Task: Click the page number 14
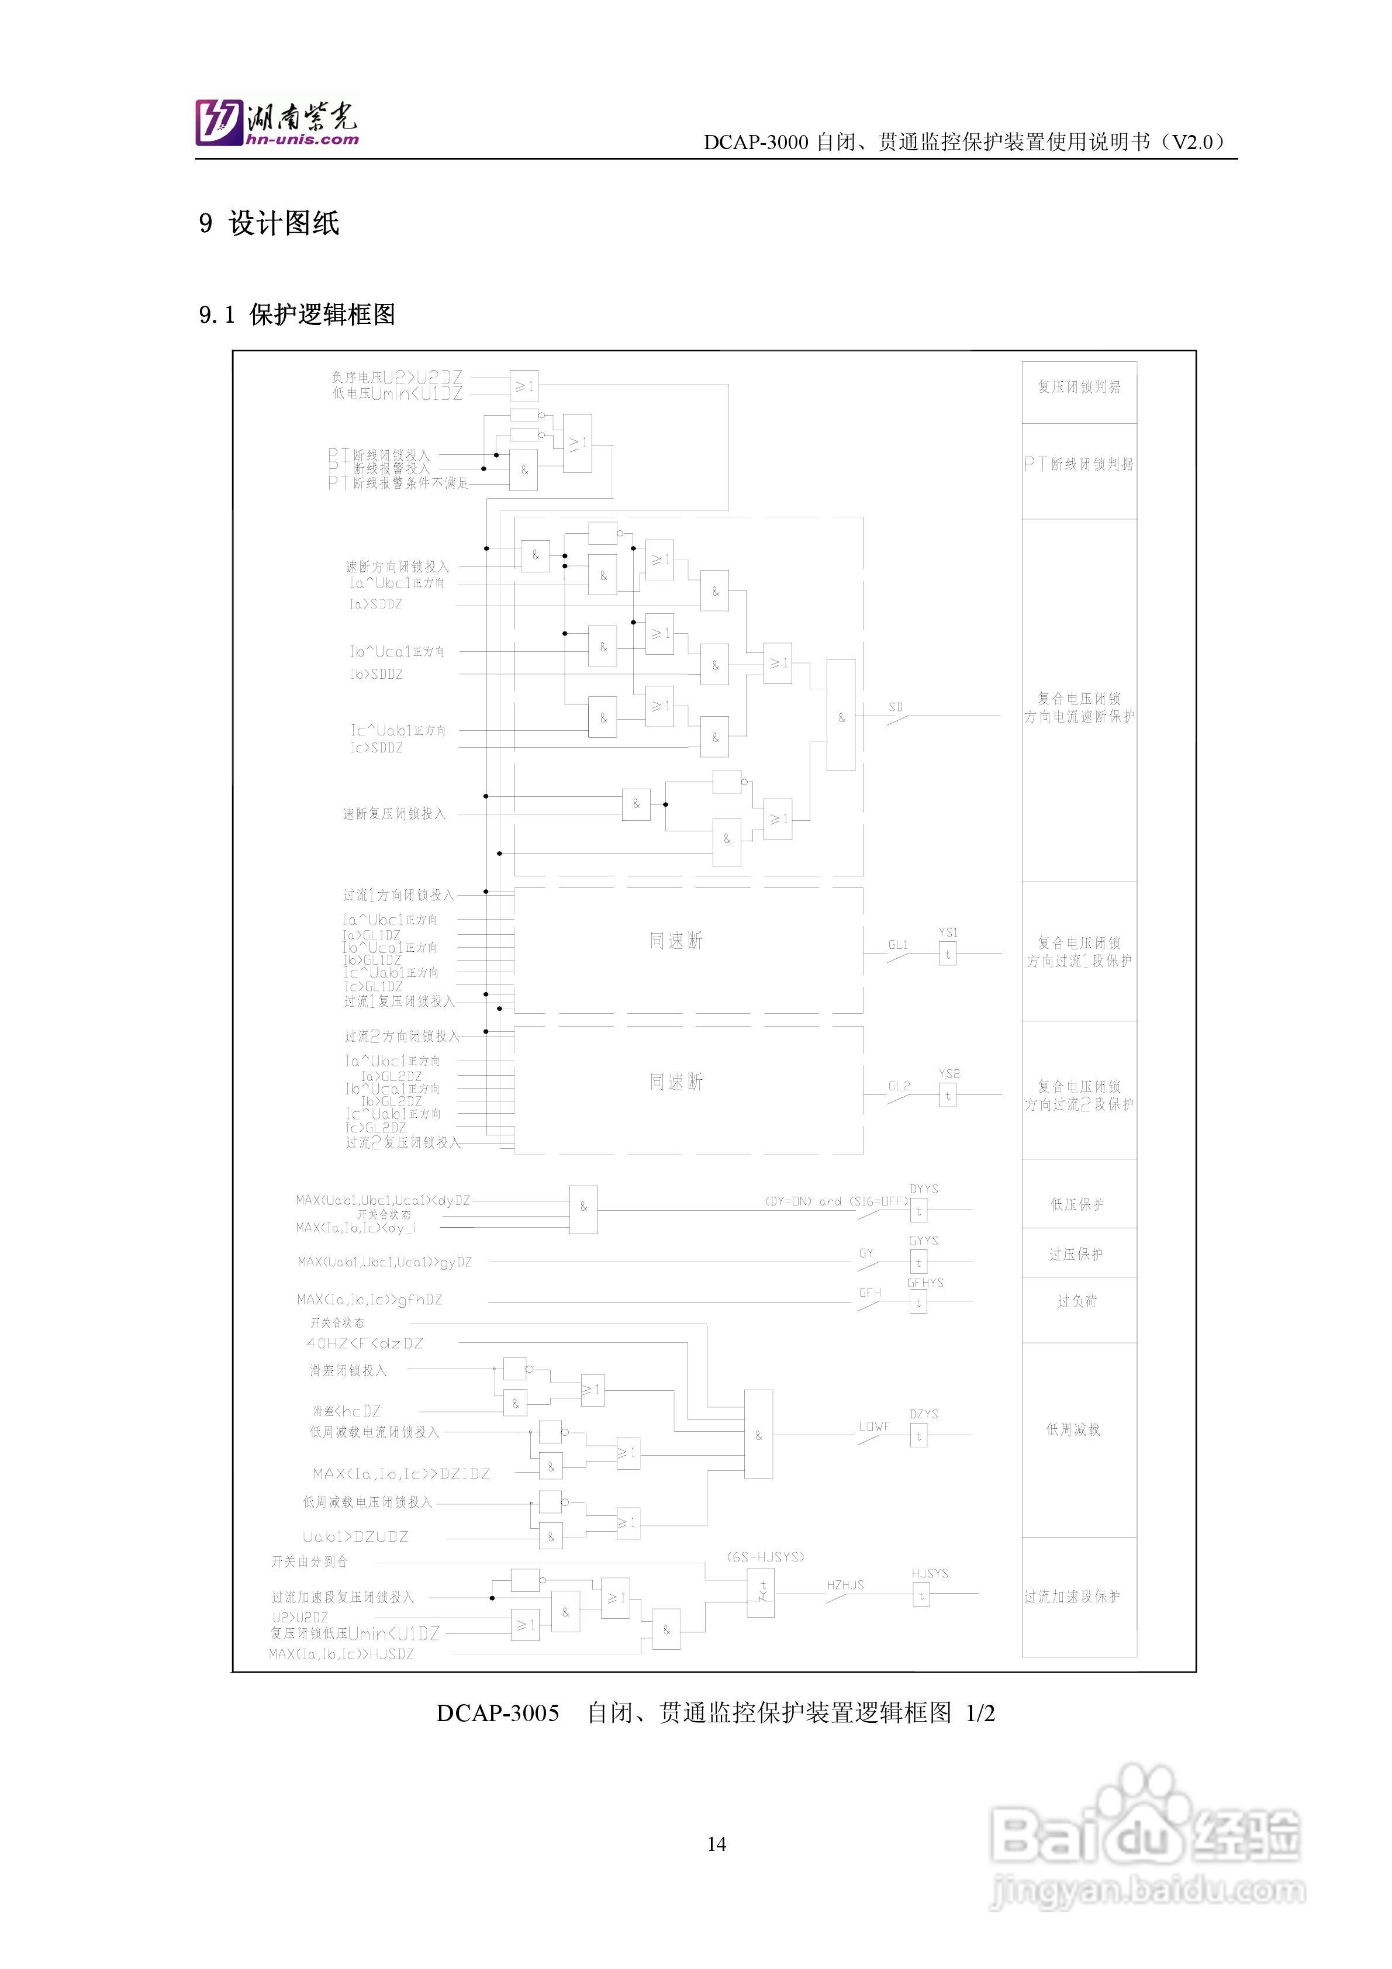[716, 1844]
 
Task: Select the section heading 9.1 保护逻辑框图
[297, 315]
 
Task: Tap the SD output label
[896, 707]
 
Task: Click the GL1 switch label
[898, 945]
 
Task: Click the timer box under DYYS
[918, 1211]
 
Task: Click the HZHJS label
[845, 1585]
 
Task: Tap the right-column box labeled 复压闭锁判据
[1079, 388]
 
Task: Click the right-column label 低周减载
[1073, 1429]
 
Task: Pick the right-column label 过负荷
[1077, 1301]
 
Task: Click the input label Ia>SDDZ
[376, 604]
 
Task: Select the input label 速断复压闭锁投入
[395, 813]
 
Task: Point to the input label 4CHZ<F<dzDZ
[365, 1343]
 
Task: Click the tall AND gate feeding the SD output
[841, 715]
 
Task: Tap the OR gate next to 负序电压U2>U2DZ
[524, 387]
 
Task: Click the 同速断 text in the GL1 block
[676, 941]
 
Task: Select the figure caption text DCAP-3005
[498, 1714]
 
